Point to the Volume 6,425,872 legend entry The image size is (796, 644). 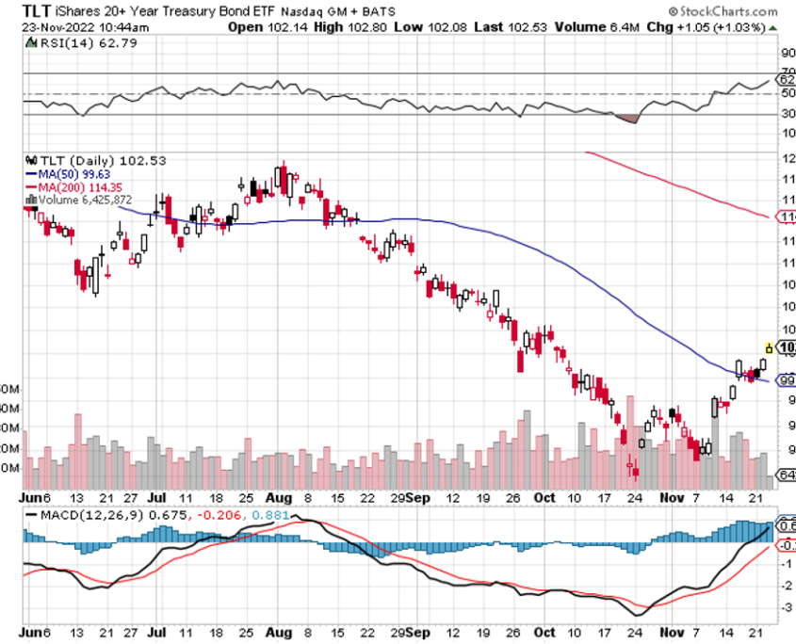coord(85,200)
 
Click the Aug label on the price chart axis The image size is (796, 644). coord(278,496)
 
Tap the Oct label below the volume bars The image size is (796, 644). coord(544,496)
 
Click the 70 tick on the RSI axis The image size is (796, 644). coord(788,73)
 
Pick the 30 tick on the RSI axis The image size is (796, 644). coord(788,115)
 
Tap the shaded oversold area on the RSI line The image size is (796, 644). coord(625,119)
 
